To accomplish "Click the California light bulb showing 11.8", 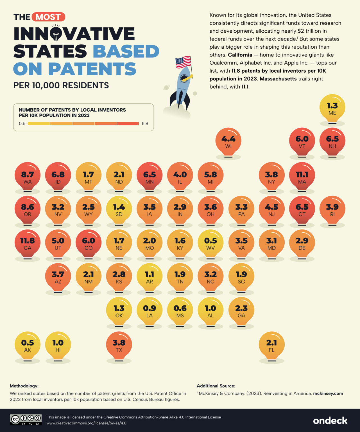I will coord(28,244).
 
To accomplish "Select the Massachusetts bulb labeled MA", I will coord(302,177).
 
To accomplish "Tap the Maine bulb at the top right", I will coord(332,109).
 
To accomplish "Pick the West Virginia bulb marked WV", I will coord(210,244).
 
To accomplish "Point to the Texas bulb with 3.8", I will coord(119,345).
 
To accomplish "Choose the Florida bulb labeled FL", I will coord(271,345).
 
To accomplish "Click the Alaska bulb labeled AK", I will coord(28,345).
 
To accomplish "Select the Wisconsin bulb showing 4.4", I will coord(228,142).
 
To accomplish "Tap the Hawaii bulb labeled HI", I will coord(58,345).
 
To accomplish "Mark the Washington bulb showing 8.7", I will coord(28,177).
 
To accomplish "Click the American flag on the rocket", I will coord(183,62).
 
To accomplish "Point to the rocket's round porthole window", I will coord(184,78).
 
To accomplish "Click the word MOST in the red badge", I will coord(48,17).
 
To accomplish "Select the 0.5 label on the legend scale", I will coord(22,123).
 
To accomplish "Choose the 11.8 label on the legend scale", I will coord(145,123).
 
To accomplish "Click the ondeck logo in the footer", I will coord(330,420).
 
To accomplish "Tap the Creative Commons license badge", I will coord(26,419).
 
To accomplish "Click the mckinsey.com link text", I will coord(328,393).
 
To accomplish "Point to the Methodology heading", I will coord(24,386).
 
